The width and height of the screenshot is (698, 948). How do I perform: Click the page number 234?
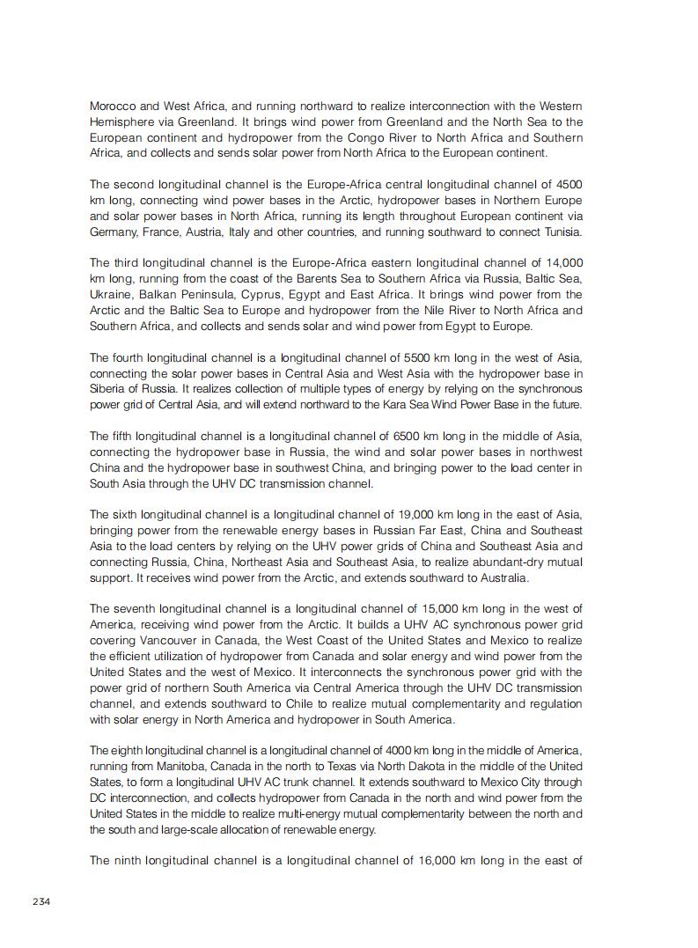click(x=41, y=900)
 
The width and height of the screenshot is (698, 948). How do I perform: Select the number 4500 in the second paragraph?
click(x=567, y=184)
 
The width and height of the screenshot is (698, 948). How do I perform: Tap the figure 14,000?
click(x=563, y=262)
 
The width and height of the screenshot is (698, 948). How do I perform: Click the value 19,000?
click(x=429, y=514)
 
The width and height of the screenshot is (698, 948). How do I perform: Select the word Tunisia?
click(x=560, y=231)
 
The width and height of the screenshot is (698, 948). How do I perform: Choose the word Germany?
click(x=115, y=231)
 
